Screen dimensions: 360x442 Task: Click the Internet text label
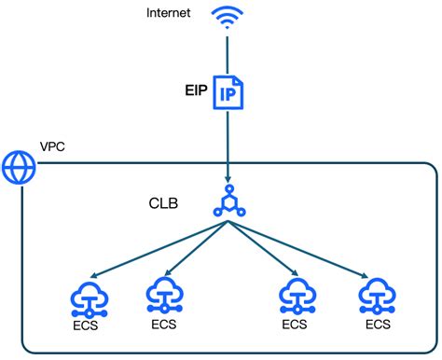coord(170,13)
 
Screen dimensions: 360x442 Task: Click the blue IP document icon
coord(227,93)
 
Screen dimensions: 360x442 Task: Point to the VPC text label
coord(53,148)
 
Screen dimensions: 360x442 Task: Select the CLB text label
coord(165,202)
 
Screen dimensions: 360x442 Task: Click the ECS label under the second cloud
coord(162,325)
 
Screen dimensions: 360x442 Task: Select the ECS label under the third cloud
coord(295,325)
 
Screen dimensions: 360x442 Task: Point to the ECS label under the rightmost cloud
coord(378,325)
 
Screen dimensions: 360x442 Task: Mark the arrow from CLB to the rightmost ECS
coord(298,248)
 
